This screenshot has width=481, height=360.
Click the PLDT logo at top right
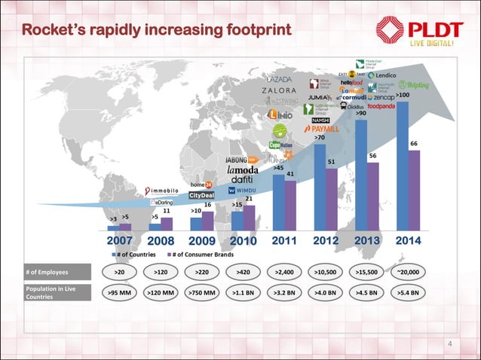coord(426,31)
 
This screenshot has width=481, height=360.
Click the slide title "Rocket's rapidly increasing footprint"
coord(155,31)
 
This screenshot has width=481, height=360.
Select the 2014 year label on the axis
coord(403,241)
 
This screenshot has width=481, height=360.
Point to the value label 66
coord(414,143)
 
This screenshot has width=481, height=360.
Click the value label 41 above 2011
coord(290,174)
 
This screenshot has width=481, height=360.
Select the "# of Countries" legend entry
coord(135,254)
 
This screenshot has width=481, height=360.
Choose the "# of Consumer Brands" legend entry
coord(202,254)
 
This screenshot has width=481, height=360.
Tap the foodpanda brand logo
coord(391,108)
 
